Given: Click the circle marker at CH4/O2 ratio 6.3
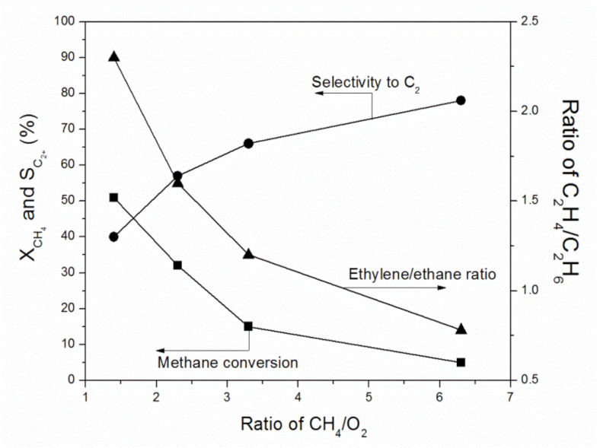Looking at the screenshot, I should (461, 100).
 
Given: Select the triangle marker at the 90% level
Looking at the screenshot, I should (113, 57).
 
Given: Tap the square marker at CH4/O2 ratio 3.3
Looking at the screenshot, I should (248, 326).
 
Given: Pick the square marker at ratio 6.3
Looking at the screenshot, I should (461, 362).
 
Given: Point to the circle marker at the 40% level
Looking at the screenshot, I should (113, 237).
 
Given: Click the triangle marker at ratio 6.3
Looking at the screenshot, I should (461, 329).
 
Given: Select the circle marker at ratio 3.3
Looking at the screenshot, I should (248, 143).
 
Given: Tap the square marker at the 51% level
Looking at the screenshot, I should (113, 197).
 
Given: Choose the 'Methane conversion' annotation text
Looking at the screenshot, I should (227, 362).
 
